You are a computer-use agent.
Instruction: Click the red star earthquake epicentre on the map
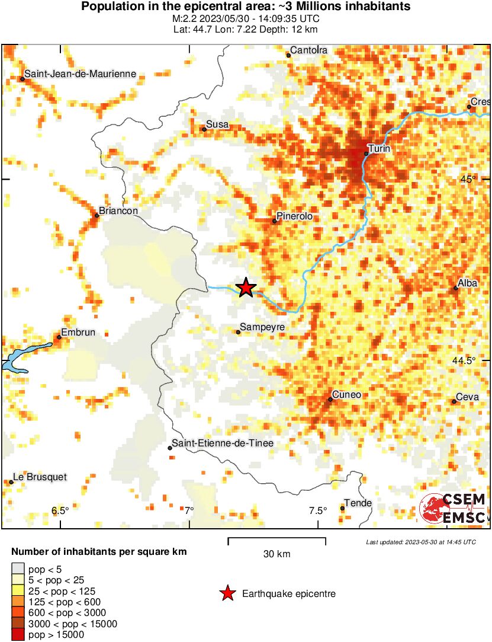coord(246,288)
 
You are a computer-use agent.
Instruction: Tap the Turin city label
coord(379,148)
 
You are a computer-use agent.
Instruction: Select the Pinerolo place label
coord(294,217)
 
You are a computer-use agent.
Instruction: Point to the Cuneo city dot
coord(330,400)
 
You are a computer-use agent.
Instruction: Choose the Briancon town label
coord(118,211)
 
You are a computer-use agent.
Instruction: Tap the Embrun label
coord(78,333)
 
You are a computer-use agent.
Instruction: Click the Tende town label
coord(358,503)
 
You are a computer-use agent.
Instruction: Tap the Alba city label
coord(468,283)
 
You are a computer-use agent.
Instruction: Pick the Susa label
coord(217,124)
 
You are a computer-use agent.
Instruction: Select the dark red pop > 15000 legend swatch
coord(19,634)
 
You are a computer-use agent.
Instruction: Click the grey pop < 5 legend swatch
coord(19,570)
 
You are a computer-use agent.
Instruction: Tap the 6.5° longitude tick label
coord(60,511)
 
